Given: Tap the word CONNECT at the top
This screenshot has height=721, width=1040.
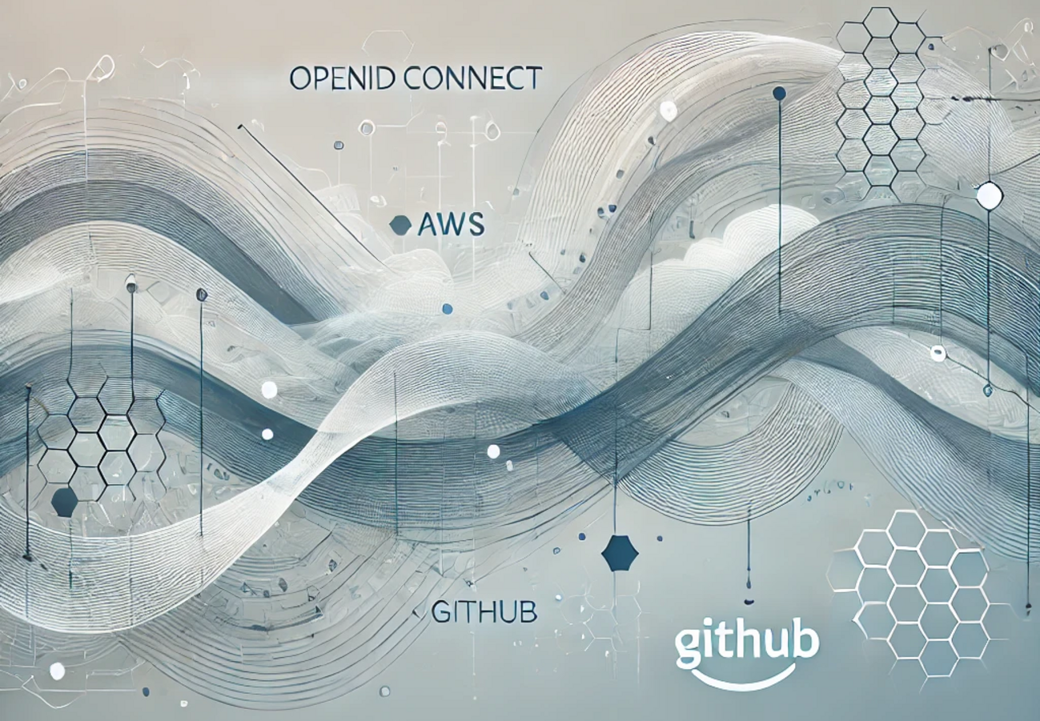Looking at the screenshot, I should point(462,78).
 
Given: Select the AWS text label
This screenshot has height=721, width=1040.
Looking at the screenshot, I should point(451,225).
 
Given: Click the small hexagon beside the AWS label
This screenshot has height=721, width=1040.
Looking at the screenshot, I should point(400,226).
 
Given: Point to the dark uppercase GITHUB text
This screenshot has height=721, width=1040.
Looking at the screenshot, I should point(484,613).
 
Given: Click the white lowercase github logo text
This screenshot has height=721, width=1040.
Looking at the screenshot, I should point(746,643).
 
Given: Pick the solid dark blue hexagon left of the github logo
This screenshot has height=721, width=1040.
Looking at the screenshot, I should point(619,553).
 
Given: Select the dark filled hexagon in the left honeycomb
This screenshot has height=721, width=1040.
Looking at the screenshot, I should point(64,502).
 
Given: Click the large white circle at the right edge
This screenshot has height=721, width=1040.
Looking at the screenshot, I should point(990,196).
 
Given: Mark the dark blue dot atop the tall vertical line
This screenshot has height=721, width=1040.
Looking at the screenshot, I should point(779,94).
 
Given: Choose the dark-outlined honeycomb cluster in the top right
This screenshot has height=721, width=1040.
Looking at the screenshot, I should point(881,104).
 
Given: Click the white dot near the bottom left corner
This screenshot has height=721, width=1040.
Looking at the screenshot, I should point(57,671).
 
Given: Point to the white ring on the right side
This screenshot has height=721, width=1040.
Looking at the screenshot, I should point(938,353).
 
